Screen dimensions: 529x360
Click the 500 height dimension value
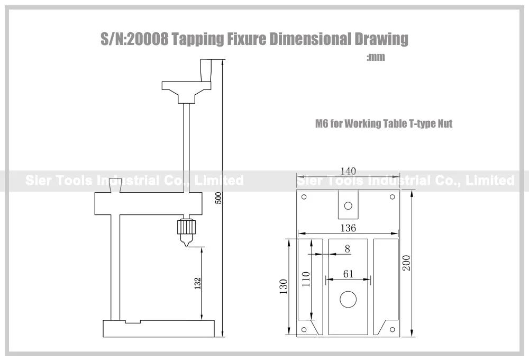(218, 198)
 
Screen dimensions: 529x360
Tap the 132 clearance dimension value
(198, 283)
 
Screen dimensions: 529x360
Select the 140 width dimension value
(348, 171)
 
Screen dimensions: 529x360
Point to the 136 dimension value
(348, 228)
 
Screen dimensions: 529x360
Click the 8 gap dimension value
(348, 249)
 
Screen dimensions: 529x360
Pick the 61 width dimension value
(348, 274)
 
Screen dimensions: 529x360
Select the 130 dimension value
(284, 286)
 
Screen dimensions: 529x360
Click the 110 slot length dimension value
(306, 279)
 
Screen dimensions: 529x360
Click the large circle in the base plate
(348, 299)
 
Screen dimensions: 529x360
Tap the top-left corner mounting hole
(304, 196)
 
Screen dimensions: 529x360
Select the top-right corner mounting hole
(393, 196)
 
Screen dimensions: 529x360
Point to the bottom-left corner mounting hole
(304, 330)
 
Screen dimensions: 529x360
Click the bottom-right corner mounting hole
(393, 330)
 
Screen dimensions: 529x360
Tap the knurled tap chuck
(186, 226)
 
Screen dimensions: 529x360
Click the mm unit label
(376, 57)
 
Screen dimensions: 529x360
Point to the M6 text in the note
(322, 123)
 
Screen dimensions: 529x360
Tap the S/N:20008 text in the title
(134, 39)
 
